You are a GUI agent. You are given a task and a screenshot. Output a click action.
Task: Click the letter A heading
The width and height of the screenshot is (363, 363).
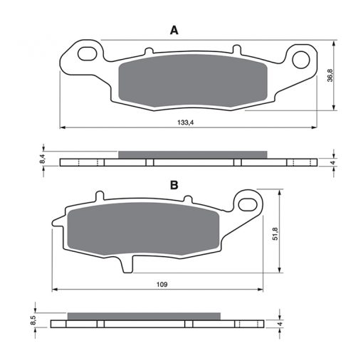click(174, 31)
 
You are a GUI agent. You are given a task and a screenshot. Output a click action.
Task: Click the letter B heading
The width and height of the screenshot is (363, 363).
click(174, 185)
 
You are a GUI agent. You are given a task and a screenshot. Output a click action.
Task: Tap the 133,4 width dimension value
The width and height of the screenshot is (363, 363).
click(186, 122)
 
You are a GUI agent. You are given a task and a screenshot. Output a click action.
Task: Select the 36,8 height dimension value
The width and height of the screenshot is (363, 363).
click(330, 75)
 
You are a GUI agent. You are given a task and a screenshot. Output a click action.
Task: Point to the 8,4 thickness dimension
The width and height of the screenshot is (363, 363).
click(42, 159)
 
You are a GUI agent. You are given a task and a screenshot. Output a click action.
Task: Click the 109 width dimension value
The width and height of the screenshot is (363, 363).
click(162, 284)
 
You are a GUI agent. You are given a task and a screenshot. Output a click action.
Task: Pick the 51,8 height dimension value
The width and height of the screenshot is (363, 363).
click(275, 233)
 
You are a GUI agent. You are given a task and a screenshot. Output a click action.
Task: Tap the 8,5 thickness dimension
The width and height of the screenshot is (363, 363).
click(34, 320)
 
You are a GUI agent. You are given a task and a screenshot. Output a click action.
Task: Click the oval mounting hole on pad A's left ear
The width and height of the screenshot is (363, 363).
click(88, 54)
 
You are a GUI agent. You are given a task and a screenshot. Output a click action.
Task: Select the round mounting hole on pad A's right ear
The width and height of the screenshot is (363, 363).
click(301, 60)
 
